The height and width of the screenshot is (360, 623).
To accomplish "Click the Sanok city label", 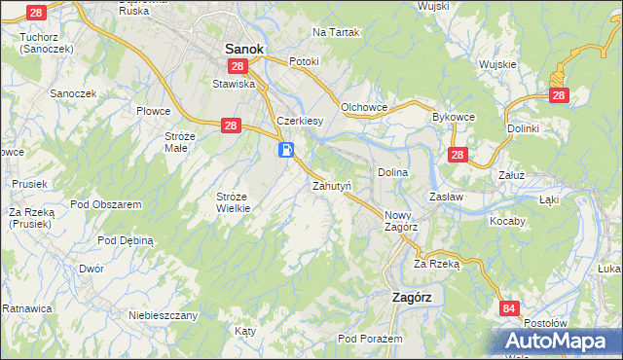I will pyautogui.click(x=245, y=47).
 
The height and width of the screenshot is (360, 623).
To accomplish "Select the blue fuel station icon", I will pyautogui.click(x=286, y=150).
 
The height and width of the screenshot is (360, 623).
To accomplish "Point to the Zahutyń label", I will pyautogui.click(x=331, y=184).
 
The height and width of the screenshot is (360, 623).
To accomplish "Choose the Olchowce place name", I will pyautogui.click(x=365, y=106).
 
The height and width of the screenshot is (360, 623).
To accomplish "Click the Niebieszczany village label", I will pyautogui.click(x=164, y=315).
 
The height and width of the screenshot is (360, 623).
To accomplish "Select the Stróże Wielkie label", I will pyautogui.click(x=234, y=201).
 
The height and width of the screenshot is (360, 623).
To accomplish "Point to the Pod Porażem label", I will pyautogui.click(x=370, y=338).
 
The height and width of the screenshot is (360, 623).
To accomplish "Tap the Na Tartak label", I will pyautogui.click(x=336, y=32).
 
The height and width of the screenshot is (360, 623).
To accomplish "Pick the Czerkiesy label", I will pyautogui.click(x=300, y=121).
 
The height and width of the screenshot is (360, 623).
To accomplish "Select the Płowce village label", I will pyautogui.click(x=154, y=111).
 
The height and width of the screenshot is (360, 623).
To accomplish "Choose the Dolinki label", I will pyautogui.click(x=523, y=127).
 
